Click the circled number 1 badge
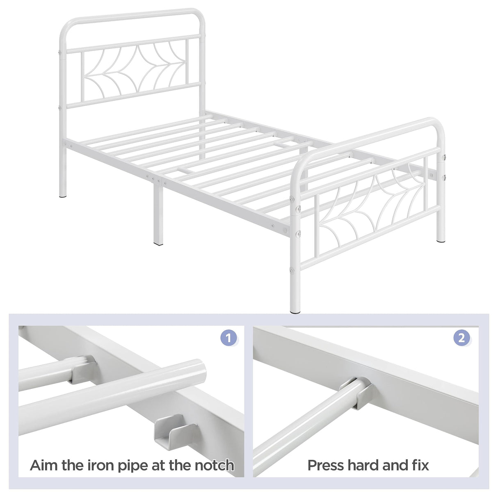coord(229,338)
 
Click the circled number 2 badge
coord(461,338)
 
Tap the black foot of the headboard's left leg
coord(62,196)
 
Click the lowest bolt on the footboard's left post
coord(292,270)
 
